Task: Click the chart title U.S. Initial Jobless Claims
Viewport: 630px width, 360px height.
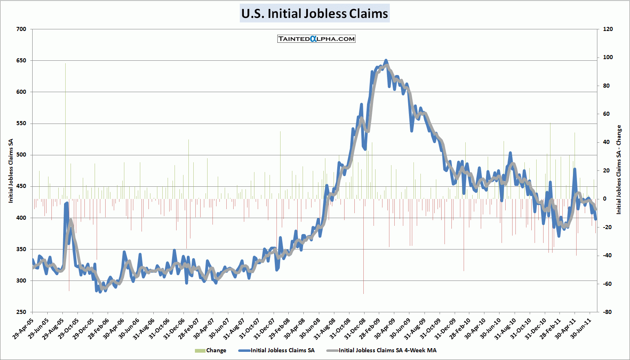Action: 314,13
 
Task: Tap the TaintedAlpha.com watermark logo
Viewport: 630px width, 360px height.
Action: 316,39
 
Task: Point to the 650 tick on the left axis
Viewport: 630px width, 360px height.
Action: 21,61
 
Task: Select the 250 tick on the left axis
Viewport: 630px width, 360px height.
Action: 21,312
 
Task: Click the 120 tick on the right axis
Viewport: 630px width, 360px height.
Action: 608,29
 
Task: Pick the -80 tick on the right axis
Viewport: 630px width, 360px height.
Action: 607,312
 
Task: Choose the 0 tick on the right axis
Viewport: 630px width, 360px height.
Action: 605,199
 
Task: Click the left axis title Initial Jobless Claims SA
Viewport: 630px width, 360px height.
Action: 11,171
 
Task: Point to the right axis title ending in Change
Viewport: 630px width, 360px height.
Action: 619,170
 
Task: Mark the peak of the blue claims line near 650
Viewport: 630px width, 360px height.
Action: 386,61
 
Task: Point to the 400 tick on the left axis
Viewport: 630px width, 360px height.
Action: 21,218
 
